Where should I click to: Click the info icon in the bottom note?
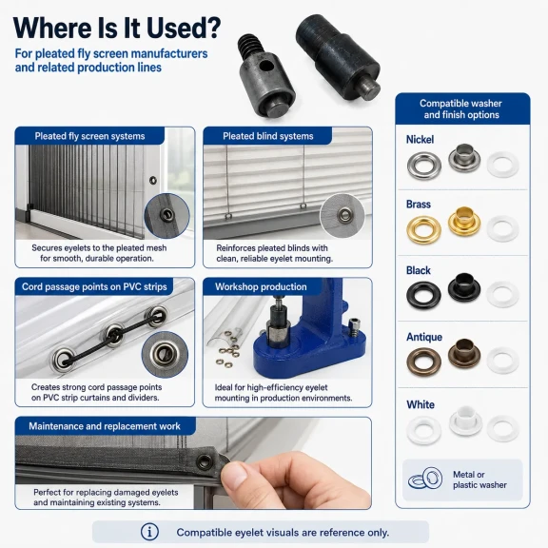click(149, 532)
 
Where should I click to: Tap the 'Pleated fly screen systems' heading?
click(89, 136)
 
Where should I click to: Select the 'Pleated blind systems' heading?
click(268, 136)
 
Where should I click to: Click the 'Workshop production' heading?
click(261, 286)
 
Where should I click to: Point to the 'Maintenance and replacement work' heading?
click(105, 426)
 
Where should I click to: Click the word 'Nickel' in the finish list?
click(420, 140)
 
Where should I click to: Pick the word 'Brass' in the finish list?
click(419, 205)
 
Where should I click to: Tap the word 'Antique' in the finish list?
click(424, 337)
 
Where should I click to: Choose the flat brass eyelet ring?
click(423, 229)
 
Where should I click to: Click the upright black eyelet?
click(464, 287)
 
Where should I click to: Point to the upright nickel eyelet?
click(464, 158)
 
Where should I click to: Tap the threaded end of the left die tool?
click(250, 48)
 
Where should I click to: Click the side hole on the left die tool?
click(266, 65)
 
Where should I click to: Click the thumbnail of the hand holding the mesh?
click(193, 463)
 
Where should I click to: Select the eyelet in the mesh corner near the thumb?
click(205, 462)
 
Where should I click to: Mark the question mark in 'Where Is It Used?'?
click(211, 28)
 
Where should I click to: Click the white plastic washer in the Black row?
click(502, 294)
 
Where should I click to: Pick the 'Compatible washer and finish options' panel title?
click(461, 109)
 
